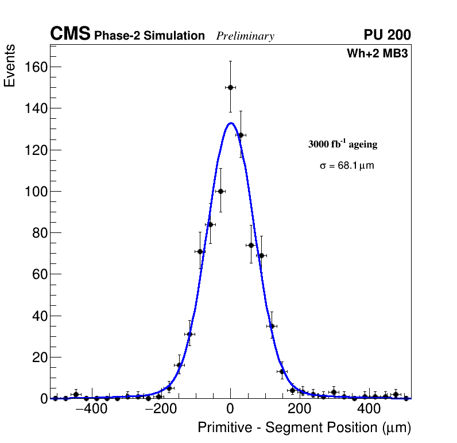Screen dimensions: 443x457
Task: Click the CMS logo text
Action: (x=70, y=34)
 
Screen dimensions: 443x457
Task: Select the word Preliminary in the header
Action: (x=245, y=36)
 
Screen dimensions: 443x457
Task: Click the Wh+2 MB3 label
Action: (x=377, y=54)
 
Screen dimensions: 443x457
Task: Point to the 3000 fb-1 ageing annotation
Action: (x=343, y=144)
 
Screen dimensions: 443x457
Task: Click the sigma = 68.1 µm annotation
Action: (x=347, y=166)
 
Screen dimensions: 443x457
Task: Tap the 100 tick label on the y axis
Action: (x=35, y=192)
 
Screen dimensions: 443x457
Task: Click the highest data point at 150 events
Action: (x=230, y=87)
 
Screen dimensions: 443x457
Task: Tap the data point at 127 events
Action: (x=241, y=135)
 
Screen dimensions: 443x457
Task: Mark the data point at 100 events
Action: (x=220, y=191)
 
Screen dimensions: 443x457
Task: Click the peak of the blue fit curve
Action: (x=231, y=123)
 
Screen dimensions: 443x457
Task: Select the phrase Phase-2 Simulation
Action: (x=149, y=36)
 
